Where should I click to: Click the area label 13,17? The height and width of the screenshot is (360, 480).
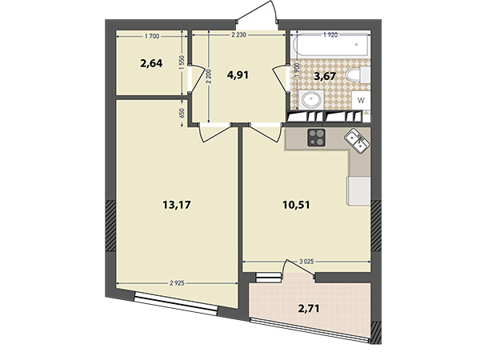pos(177,205)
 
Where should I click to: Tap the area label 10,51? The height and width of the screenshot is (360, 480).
pos(296,205)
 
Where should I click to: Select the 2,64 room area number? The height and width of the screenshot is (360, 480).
pos(151,64)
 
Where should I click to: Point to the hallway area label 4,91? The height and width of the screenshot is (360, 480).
pos(238,74)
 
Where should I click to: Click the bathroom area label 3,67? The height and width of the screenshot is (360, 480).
pos(325,76)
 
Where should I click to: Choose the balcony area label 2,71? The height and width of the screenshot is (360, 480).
pos(309,308)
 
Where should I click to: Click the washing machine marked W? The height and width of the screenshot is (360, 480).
pos(362,100)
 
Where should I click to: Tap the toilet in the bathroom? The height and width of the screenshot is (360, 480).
pos(358,74)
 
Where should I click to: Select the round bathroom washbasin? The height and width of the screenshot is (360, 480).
pos(311,99)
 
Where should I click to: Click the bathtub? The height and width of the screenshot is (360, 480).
pos(330,45)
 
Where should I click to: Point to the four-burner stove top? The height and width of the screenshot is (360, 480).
pos(316,138)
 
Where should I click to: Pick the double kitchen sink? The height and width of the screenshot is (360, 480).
pos(357,141)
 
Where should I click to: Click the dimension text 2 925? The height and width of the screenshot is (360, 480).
pos(178,283)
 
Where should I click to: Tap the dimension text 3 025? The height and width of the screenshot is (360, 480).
pos(306,262)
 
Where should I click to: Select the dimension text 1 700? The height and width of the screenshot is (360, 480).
pos(152,37)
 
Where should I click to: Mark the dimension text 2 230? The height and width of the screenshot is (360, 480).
pos(238,35)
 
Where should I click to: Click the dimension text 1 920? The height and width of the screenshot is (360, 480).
pos(330,35)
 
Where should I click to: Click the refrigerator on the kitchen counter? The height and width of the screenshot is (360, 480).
pos(358,191)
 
